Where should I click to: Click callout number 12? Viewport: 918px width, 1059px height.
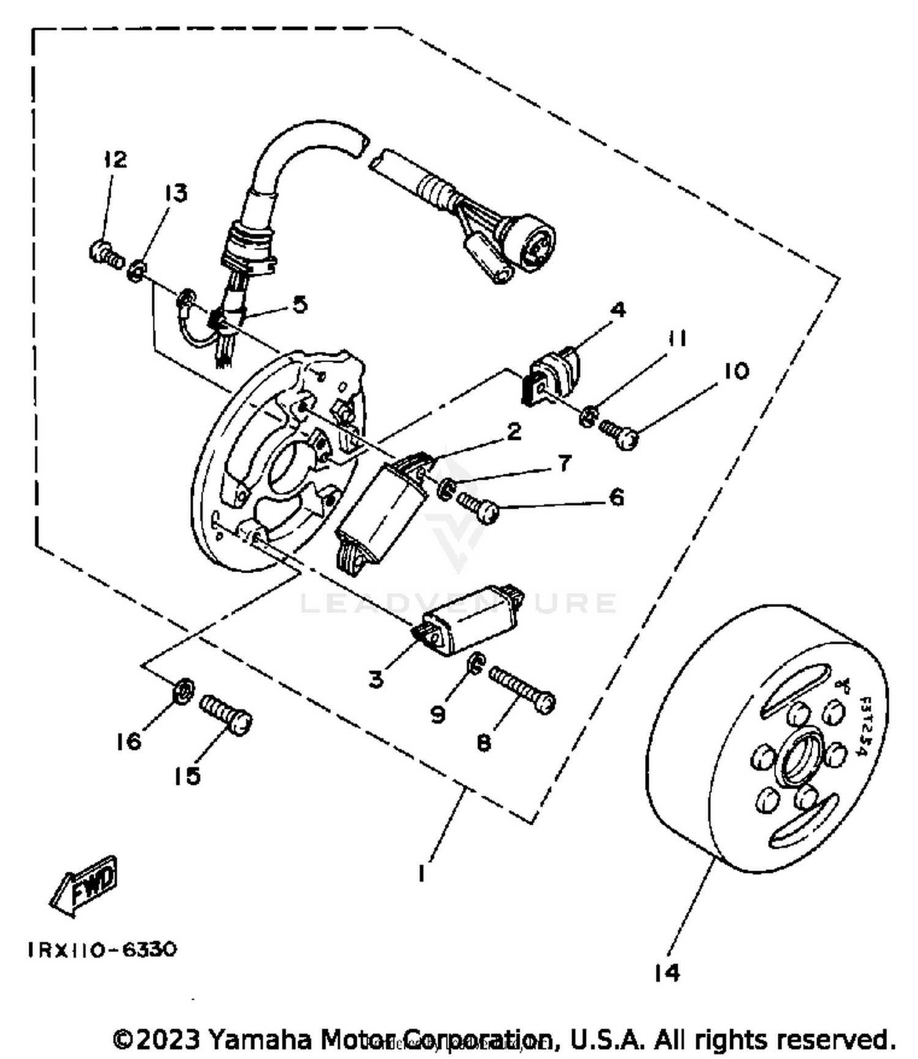(x=115, y=160)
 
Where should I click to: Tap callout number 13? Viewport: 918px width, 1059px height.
(x=175, y=193)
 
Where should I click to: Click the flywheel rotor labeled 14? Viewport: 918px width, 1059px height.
(x=765, y=740)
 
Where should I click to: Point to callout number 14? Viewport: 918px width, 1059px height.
(x=666, y=972)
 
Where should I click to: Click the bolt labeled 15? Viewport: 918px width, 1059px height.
(x=226, y=715)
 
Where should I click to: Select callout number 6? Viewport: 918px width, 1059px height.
(x=616, y=497)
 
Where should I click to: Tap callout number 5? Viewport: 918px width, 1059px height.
(x=299, y=304)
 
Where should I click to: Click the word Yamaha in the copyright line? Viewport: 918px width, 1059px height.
(x=261, y=1039)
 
